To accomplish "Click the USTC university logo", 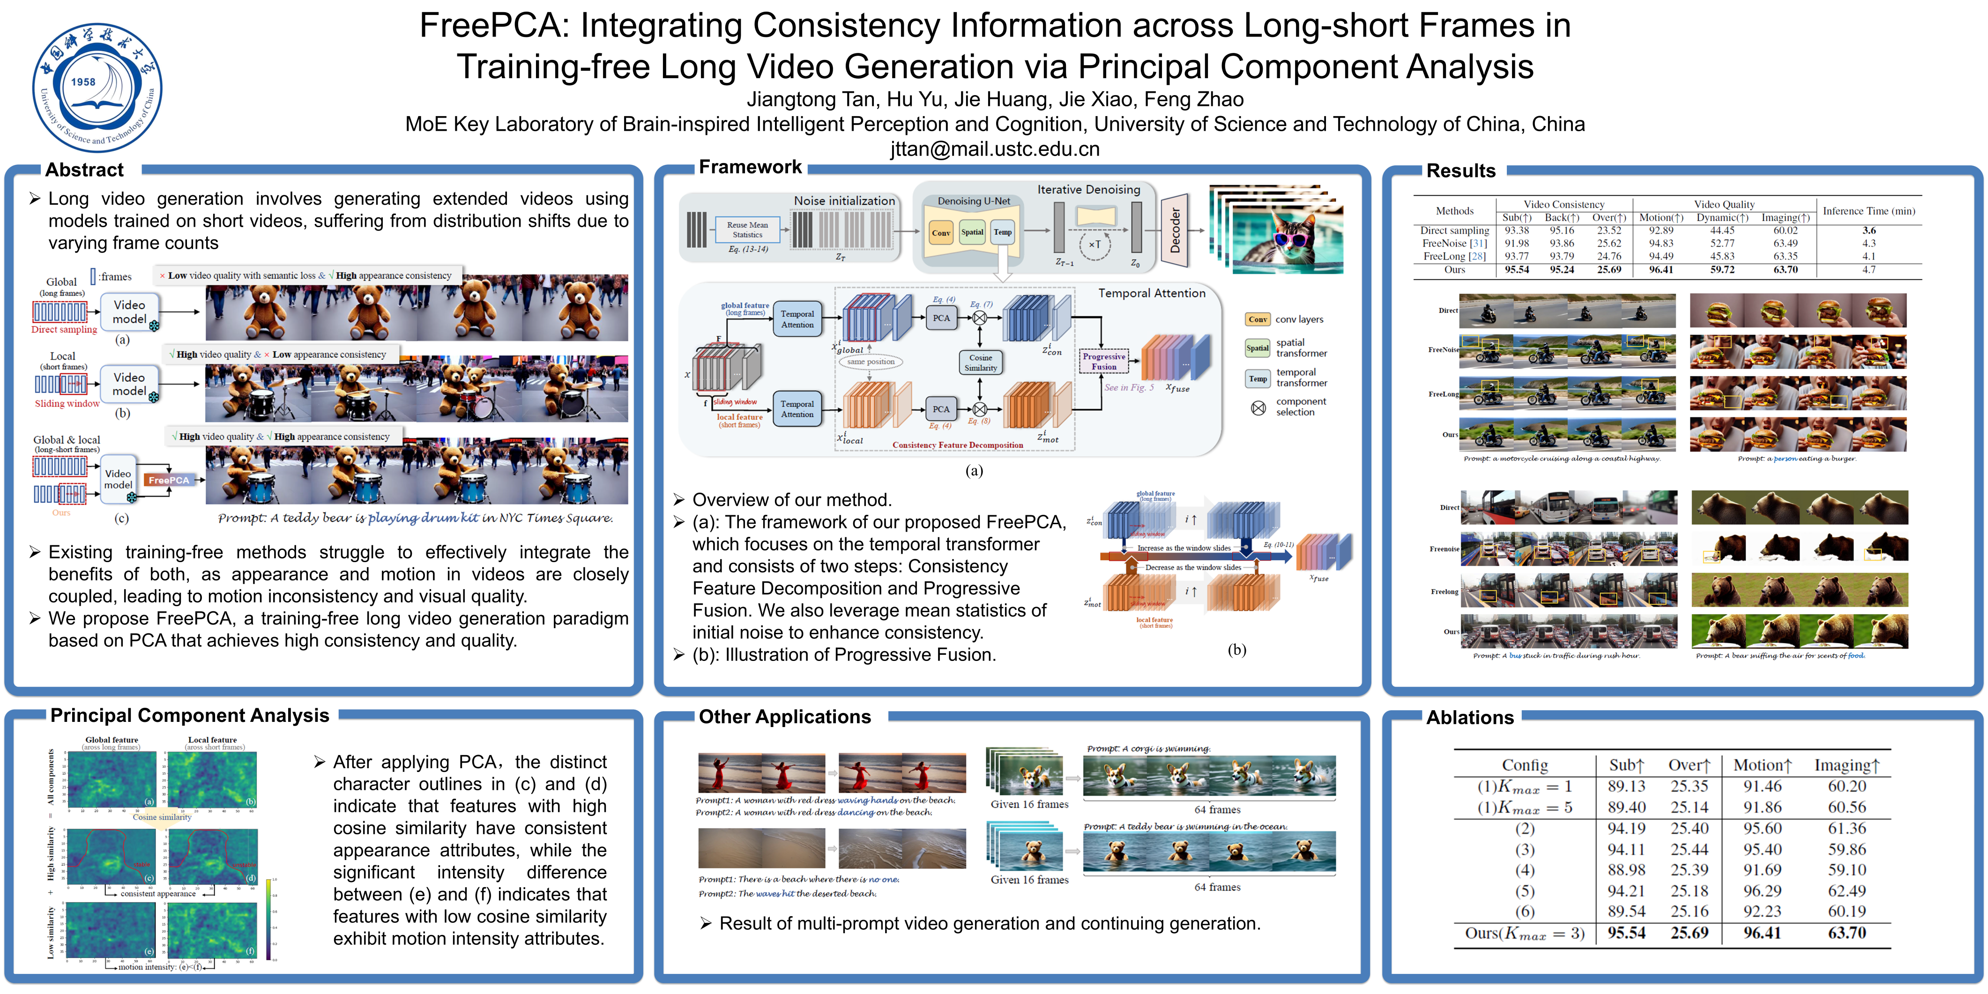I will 97,87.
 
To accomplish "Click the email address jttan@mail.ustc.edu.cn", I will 994,149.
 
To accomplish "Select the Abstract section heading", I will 84,170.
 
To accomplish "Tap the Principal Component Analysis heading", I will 189,715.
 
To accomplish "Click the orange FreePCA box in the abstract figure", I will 169,480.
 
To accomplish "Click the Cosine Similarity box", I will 980,363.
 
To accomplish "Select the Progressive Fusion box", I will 1103,361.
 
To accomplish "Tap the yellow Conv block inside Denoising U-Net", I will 940,232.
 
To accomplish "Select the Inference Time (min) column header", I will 1869,211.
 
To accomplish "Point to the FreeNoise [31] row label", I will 1454,243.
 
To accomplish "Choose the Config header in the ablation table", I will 1524,765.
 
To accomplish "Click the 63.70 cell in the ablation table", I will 1846,933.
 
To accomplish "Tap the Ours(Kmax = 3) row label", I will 1524,933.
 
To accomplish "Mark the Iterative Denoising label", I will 1088,190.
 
